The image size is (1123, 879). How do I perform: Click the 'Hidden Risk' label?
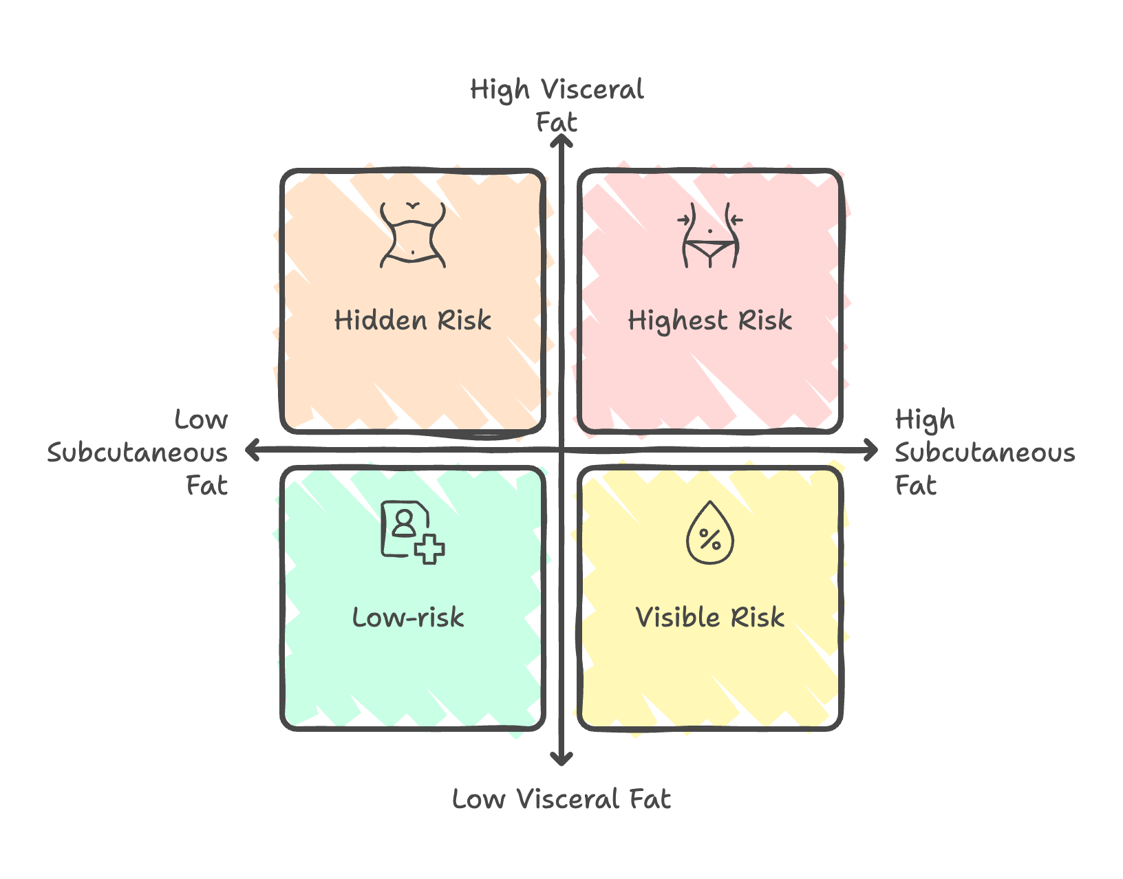click(x=413, y=321)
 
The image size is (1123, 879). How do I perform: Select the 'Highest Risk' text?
click(x=710, y=321)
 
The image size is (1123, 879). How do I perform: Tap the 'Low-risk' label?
click(x=408, y=618)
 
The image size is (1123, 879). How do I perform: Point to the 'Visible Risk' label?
click(x=710, y=618)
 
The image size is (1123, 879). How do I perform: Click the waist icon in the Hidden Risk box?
click(x=413, y=235)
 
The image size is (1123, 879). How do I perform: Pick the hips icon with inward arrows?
click(x=710, y=235)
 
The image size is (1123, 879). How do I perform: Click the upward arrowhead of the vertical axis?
click(x=562, y=140)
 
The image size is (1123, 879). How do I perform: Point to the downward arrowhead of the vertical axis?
click(x=562, y=759)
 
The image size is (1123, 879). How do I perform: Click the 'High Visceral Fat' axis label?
click(x=557, y=105)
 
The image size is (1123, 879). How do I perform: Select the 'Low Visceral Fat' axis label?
click(x=561, y=799)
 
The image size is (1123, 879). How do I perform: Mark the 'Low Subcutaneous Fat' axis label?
click(x=138, y=453)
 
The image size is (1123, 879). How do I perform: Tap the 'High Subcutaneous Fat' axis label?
click(x=984, y=453)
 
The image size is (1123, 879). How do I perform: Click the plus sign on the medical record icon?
click(x=430, y=549)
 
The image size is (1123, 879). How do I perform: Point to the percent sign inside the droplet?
click(x=710, y=539)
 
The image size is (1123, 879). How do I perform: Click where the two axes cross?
click(x=562, y=451)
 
